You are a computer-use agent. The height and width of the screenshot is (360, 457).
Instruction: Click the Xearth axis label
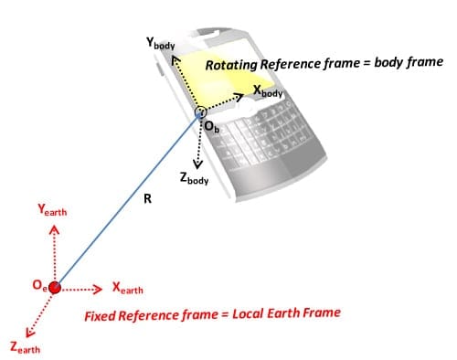tap(127, 288)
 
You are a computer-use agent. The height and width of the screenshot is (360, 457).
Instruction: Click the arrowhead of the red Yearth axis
tap(54, 229)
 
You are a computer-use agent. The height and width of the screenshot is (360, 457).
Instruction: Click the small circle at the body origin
tap(201, 112)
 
